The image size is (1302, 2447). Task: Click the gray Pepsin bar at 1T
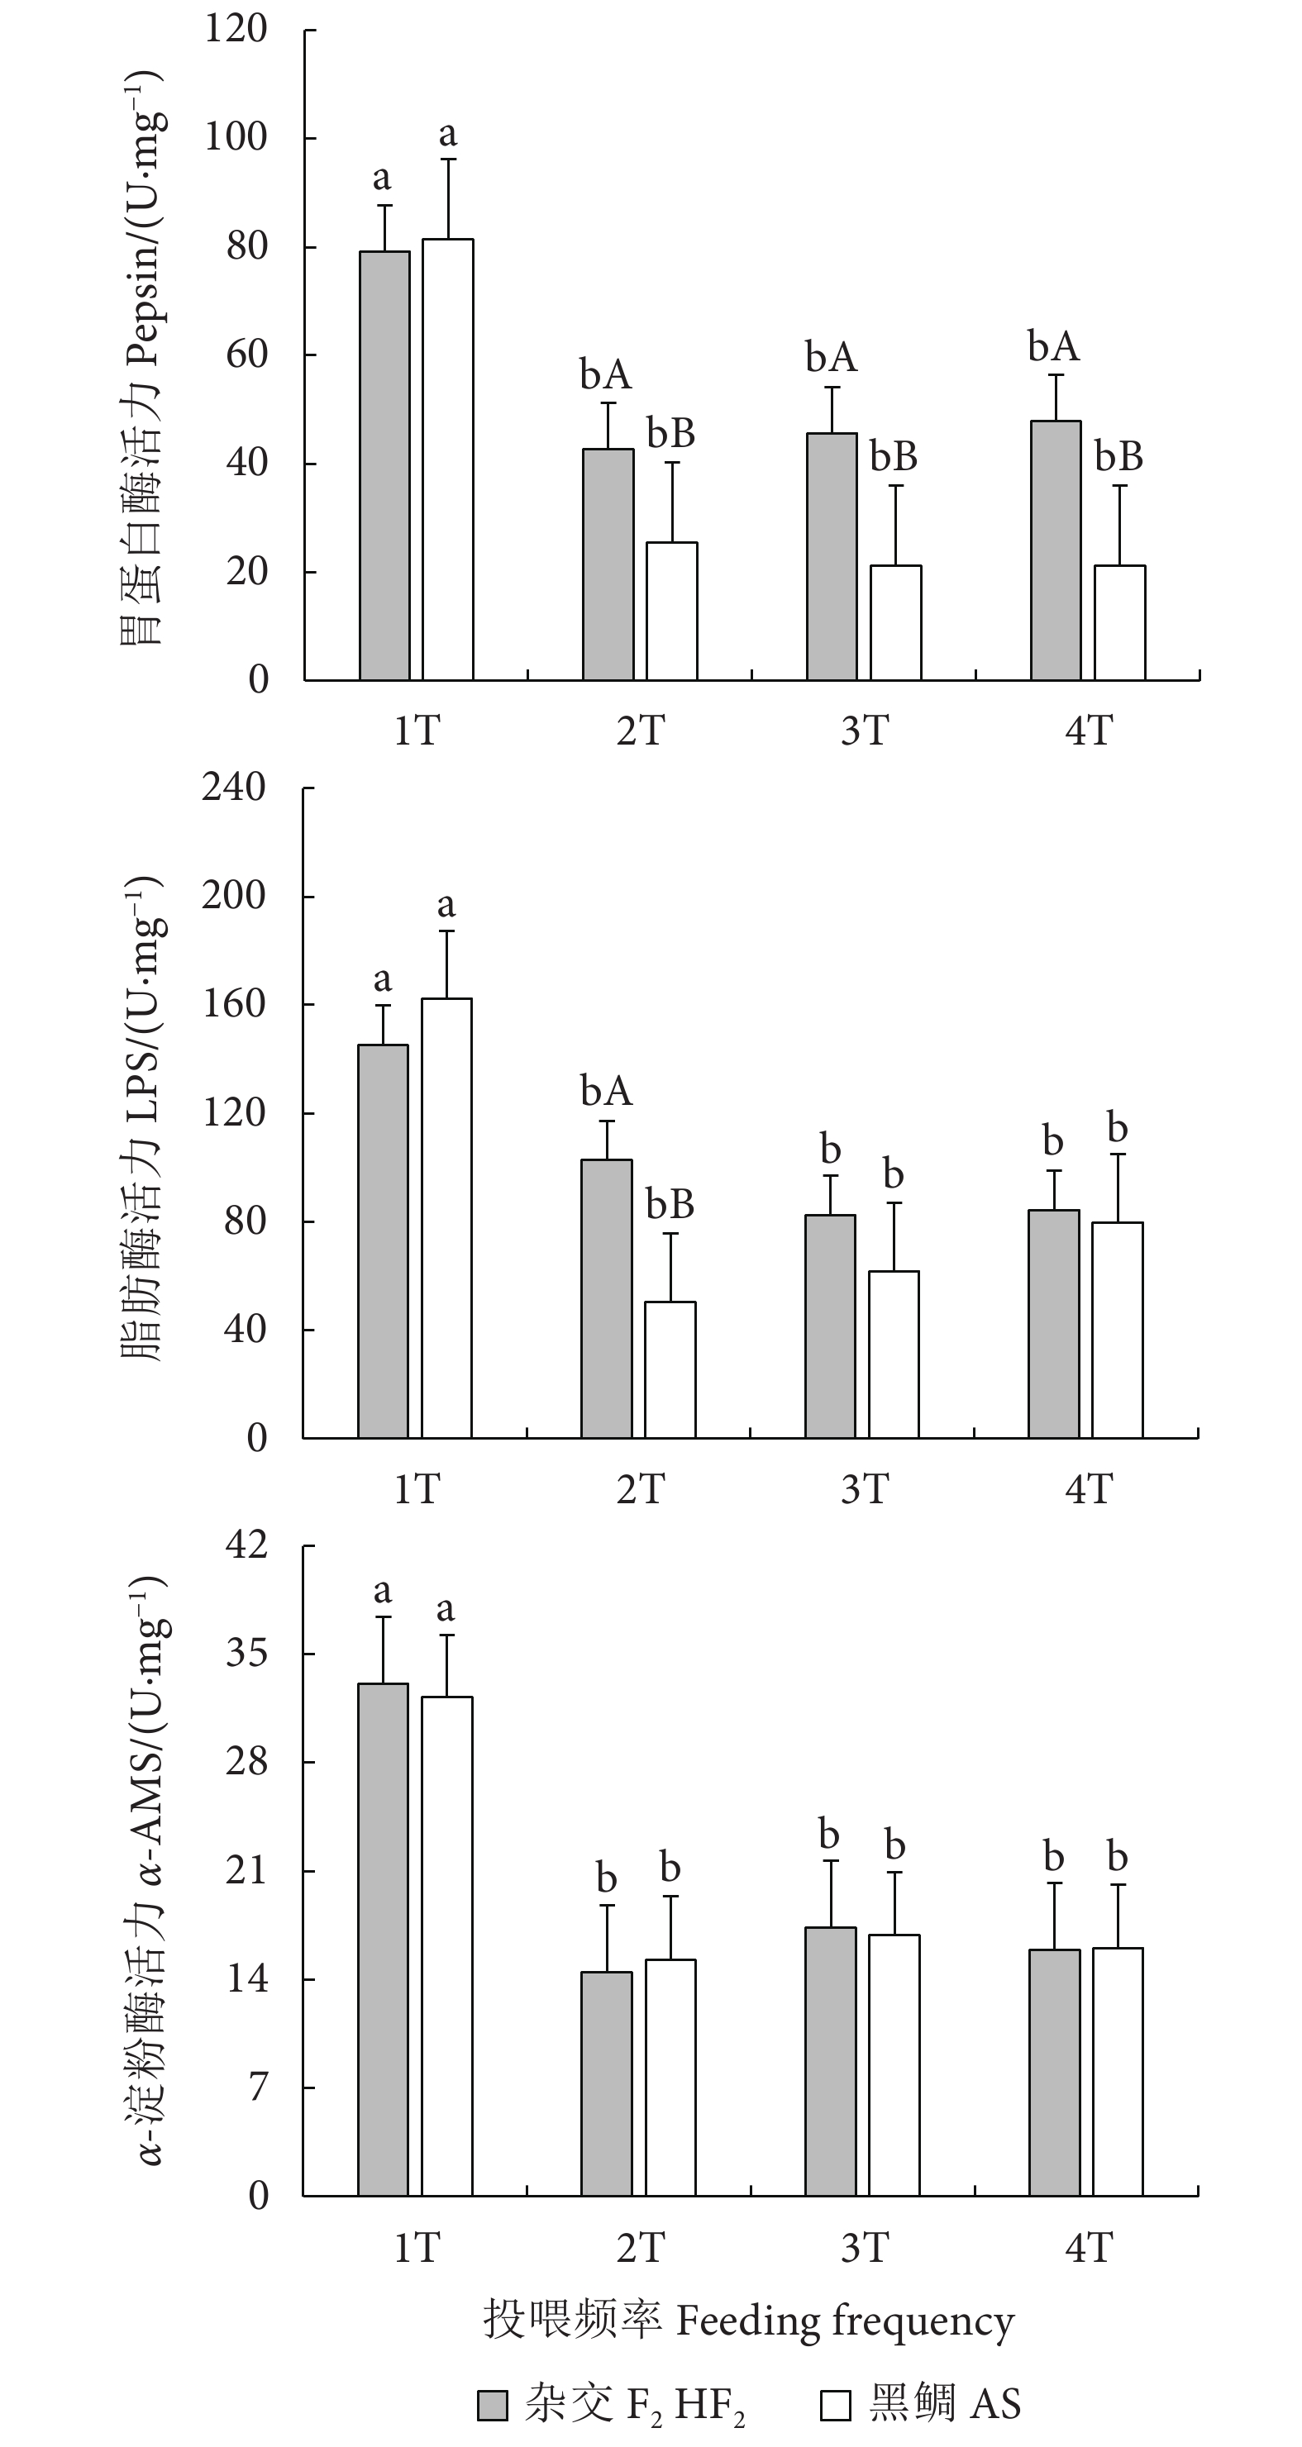[385, 465]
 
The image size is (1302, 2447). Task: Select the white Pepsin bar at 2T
[672, 611]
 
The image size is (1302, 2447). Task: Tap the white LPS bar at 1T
[446, 1218]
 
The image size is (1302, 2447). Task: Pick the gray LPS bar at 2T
[606, 1298]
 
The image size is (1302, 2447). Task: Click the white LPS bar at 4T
[1118, 1330]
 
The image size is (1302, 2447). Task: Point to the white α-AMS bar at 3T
[894, 2065]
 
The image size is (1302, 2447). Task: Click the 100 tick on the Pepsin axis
[236, 138]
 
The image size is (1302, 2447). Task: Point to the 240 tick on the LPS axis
[234, 788]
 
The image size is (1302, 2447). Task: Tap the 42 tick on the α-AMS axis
[246, 1545]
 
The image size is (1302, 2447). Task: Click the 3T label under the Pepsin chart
[865, 731]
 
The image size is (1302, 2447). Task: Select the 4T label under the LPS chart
[1088, 1488]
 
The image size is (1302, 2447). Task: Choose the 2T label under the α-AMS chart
[641, 2248]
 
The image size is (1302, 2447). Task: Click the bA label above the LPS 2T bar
[606, 1091]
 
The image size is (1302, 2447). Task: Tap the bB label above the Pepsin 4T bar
[1118, 457]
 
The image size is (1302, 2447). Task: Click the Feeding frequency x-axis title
[748, 2321]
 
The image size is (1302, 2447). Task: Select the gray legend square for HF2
[493, 2405]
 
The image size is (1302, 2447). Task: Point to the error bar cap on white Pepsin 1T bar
[447, 159]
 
